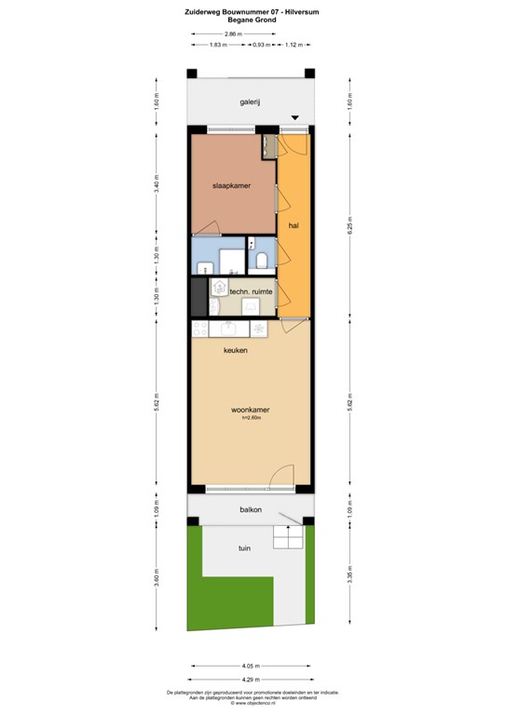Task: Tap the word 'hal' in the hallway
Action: coord(293,225)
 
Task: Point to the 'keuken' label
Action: coord(235,350)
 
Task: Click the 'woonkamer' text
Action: coord(251,409)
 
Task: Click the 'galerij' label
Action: coord(249,103)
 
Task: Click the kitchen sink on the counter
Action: coord(227,328)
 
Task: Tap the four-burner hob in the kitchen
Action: coord(199,328)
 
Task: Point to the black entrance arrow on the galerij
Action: coord(295,117)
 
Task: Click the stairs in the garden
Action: coord(287,537)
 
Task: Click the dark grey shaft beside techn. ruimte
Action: coord(197,297)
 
